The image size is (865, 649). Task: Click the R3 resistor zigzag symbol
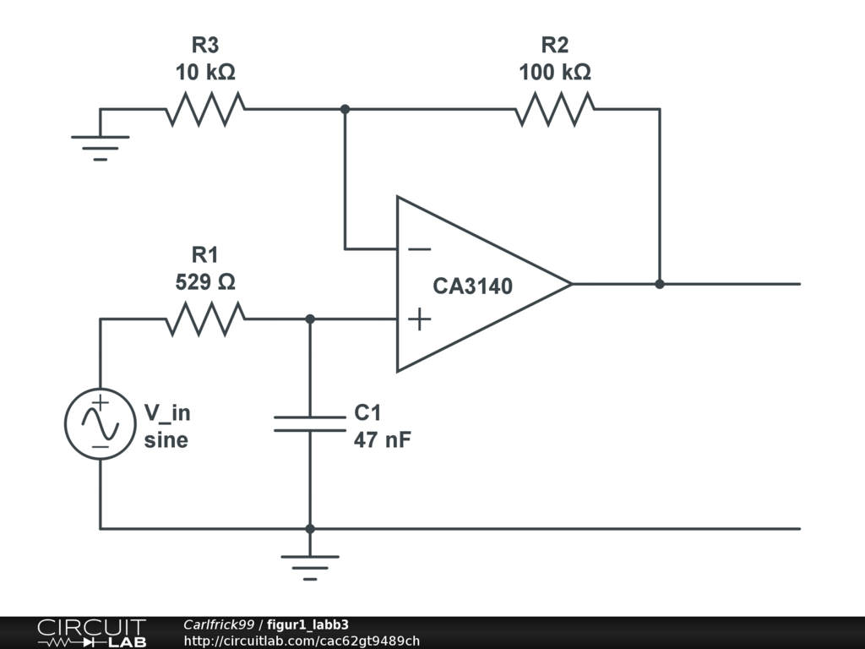pos(205,109)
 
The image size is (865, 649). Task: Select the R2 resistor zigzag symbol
pos(554,109)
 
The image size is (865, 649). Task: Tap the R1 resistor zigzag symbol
pos(205,319)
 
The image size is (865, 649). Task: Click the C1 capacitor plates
pos(310,423)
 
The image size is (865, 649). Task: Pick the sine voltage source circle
pos(101,424)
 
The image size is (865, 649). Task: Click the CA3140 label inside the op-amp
pos(472,286)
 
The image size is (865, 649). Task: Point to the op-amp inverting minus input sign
pos(419,249)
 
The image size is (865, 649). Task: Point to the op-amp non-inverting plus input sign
pos(419,319)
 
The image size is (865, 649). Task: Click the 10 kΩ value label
pos(205,73)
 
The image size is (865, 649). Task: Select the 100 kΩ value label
pos(555,73)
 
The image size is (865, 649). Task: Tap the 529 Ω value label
pos(205,282)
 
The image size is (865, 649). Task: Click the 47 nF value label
pos(382,439)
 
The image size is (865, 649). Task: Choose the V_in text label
pos(167,413)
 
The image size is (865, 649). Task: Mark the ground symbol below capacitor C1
pos(310,565)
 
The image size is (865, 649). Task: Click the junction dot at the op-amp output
pos(660,284)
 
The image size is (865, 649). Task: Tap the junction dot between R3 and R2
pos(345,109)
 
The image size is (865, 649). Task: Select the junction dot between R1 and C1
pos(310,319)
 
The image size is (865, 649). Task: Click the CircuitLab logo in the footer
pos(90,633)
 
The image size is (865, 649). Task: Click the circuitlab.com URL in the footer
pos(302,641)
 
